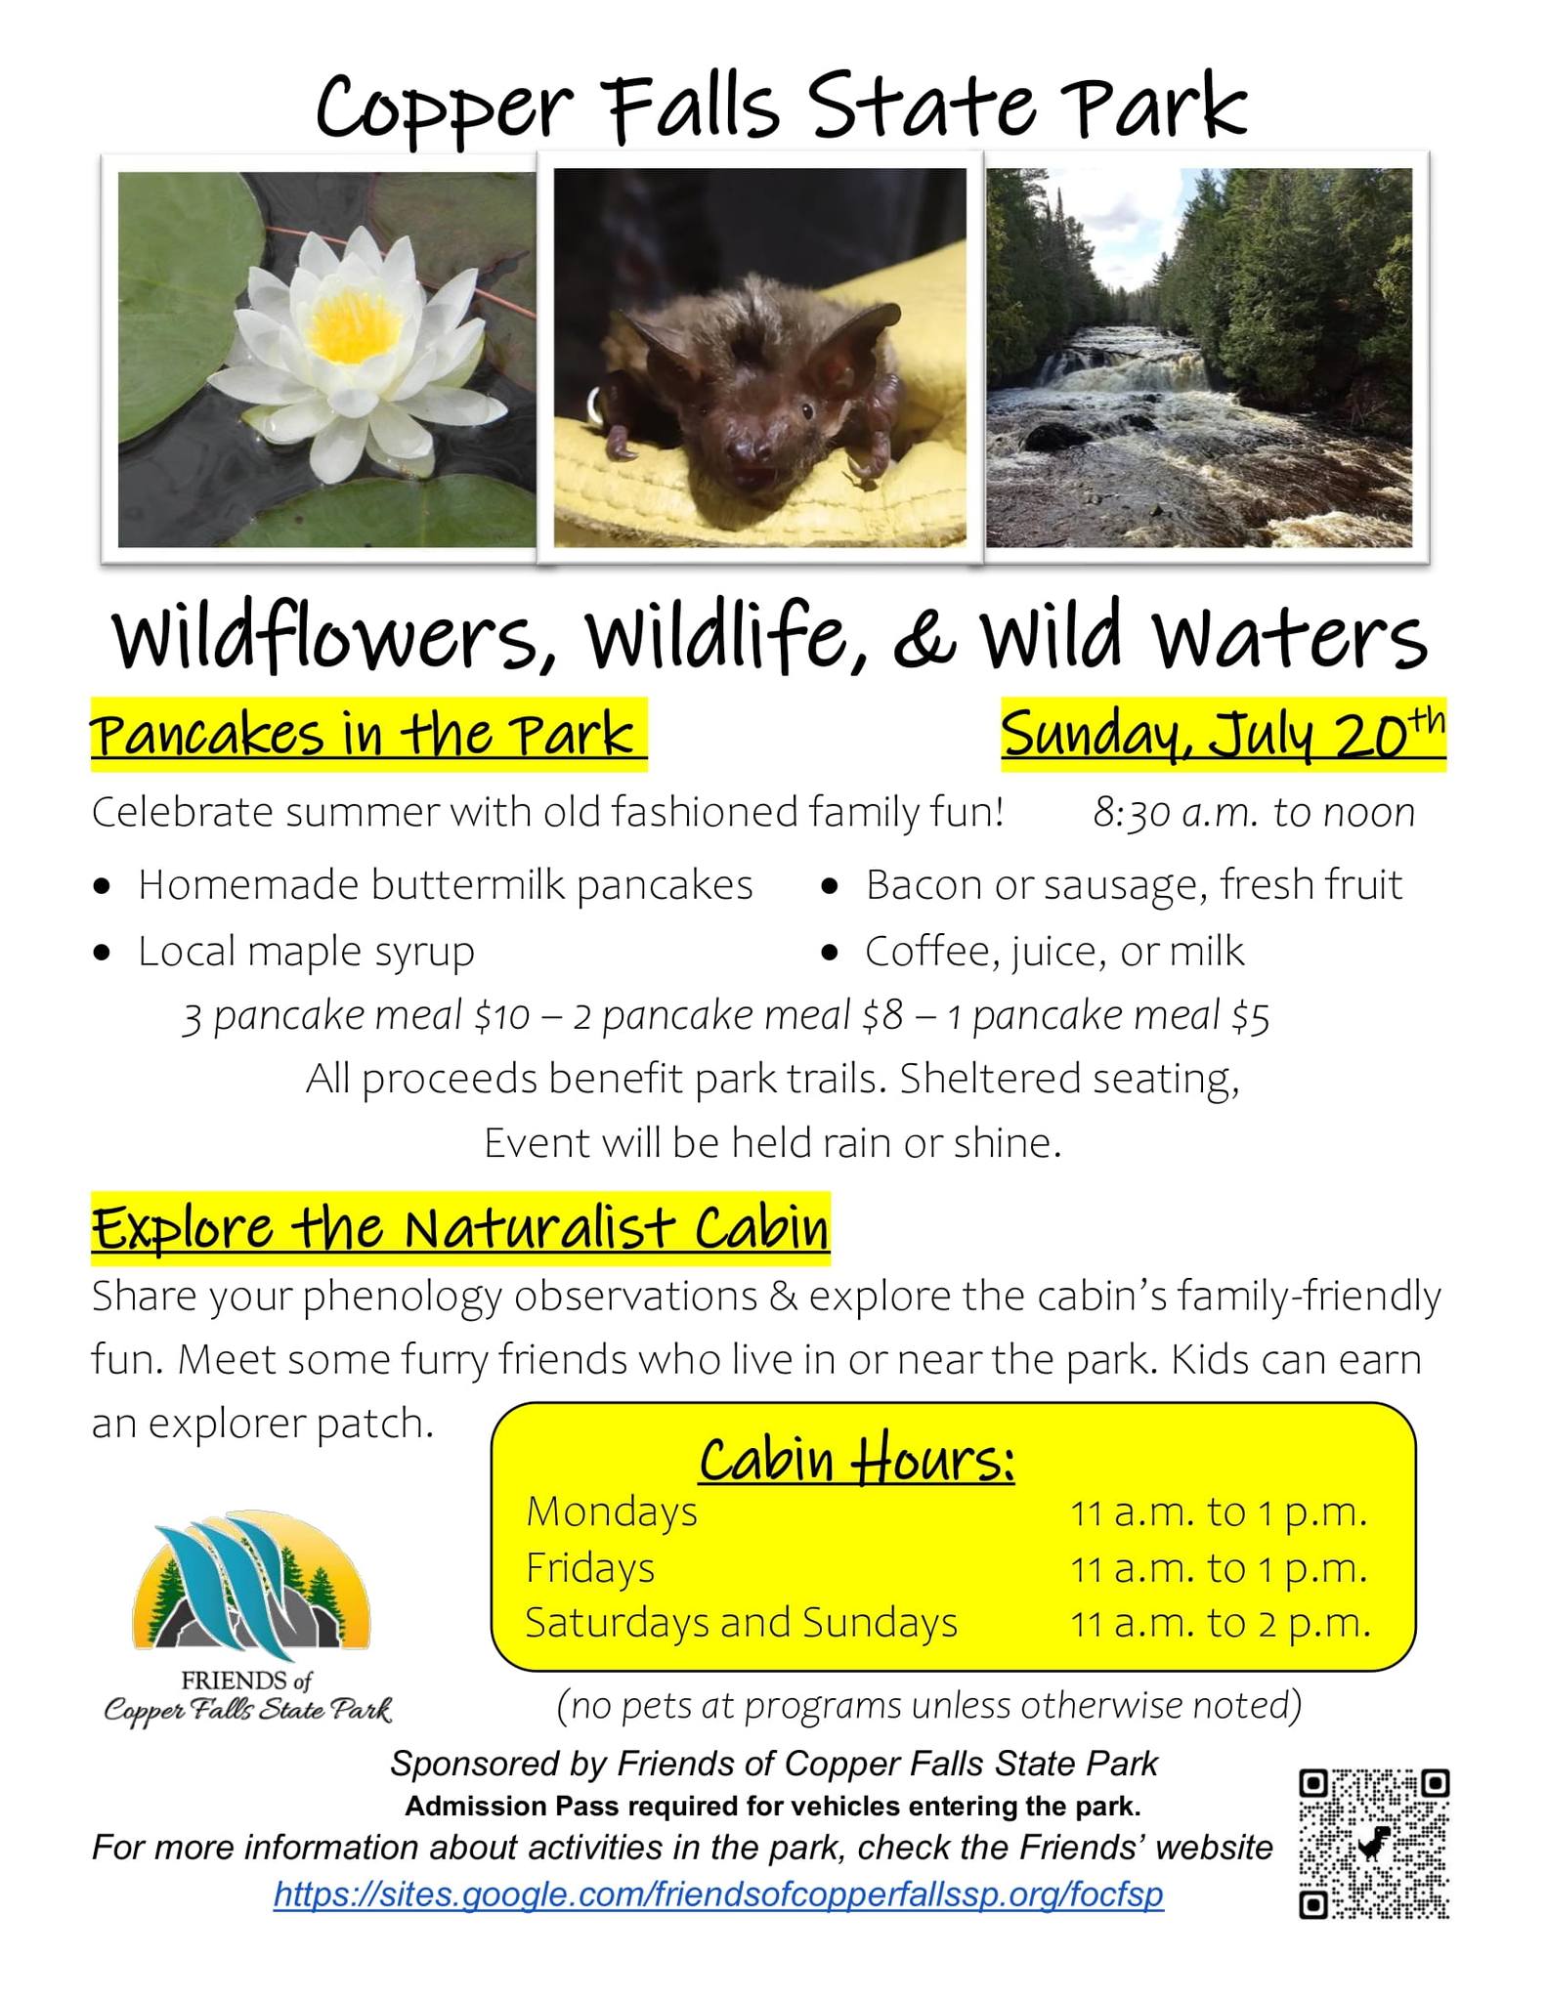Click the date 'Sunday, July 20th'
1223,734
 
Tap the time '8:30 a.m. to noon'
1254,812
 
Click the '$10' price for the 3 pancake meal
500,1017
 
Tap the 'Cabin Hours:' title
857,1460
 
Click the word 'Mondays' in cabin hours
612,1511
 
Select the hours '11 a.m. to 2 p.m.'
1221,1623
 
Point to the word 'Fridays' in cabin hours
590,1568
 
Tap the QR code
1373,1843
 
